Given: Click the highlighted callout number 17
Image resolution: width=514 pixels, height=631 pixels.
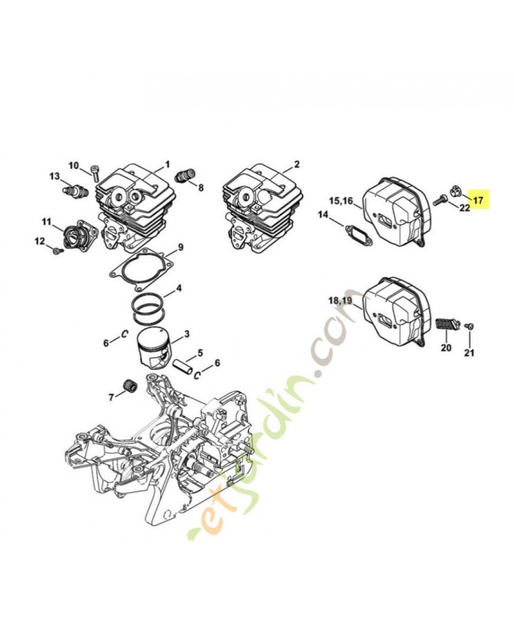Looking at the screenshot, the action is point(479,200).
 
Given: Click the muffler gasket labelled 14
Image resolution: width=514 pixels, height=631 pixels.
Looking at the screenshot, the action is point(359,233).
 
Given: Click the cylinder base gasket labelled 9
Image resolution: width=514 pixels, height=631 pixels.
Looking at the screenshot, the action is point(142,268).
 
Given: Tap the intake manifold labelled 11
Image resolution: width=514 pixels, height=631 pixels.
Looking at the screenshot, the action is point(79,234).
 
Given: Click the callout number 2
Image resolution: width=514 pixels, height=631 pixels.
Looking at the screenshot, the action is point(297,164).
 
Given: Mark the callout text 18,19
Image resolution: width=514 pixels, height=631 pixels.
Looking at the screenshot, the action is point(341,301).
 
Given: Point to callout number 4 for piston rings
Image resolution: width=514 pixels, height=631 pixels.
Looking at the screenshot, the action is point(179,288).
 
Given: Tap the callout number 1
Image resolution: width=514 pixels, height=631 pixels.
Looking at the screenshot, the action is point(167,164).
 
